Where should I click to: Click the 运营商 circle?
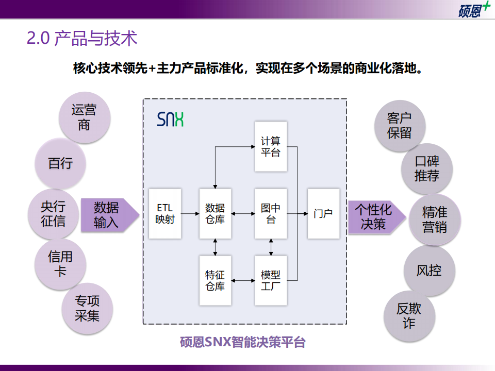84,117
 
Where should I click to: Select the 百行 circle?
60,163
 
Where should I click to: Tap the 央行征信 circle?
53,214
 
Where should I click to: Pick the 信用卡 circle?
60,263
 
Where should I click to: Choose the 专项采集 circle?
87,308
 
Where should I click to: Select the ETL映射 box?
165,213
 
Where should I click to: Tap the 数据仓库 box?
215,213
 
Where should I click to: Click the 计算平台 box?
271,146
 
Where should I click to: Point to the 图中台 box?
271,213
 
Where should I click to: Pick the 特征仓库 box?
215,280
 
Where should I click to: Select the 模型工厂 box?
271,280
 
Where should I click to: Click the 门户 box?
323,213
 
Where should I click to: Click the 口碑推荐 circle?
427,167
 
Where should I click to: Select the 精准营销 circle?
434,220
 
